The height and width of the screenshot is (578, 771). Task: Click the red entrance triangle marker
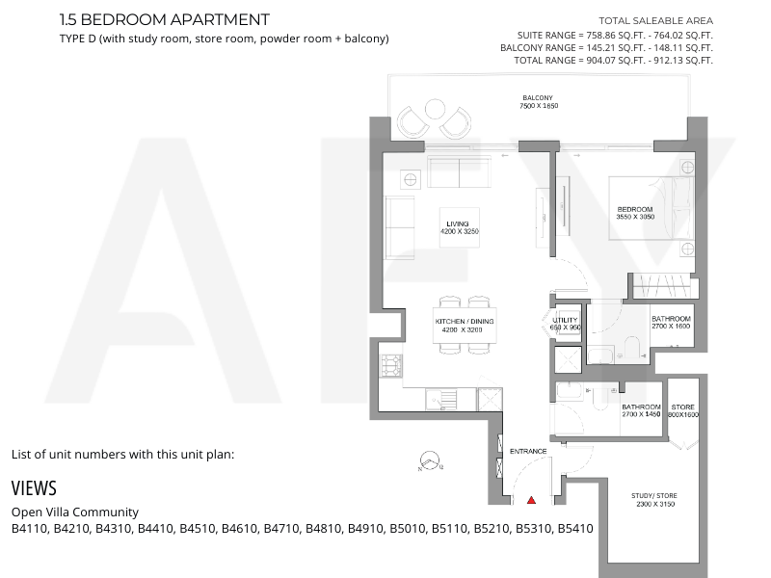[x=531, y=500]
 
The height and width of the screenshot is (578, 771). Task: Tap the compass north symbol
[x=431, y=461]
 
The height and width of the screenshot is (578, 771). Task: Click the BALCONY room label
[x=538, y=98]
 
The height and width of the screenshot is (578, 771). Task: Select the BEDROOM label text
[x=635, y=209]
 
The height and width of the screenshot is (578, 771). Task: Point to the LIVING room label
[x=458, y=223]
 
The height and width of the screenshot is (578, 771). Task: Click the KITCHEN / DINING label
[x=465, y=322]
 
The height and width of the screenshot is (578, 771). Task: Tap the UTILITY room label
[x=565, y=320]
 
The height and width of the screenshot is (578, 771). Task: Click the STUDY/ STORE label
[x=654, y=495]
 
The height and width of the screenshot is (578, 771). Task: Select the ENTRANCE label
[x=528, y=451]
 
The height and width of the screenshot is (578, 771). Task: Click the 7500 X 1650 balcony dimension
[x=539, y=106]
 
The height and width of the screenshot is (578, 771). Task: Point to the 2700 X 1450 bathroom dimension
[x=641, y=414]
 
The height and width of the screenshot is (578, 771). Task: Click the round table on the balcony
[x=435, y=109]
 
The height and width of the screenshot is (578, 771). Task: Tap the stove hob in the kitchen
[x=391, y=366]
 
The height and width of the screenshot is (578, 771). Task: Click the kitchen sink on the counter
[x=441, y=399]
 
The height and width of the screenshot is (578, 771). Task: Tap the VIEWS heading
[x=34, y=488]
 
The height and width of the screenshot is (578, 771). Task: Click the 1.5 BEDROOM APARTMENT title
[x=164, y=19]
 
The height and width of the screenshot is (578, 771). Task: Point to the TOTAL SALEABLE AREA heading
[x=655, y=20]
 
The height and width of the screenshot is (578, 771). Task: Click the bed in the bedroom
[x=651, y=208]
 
